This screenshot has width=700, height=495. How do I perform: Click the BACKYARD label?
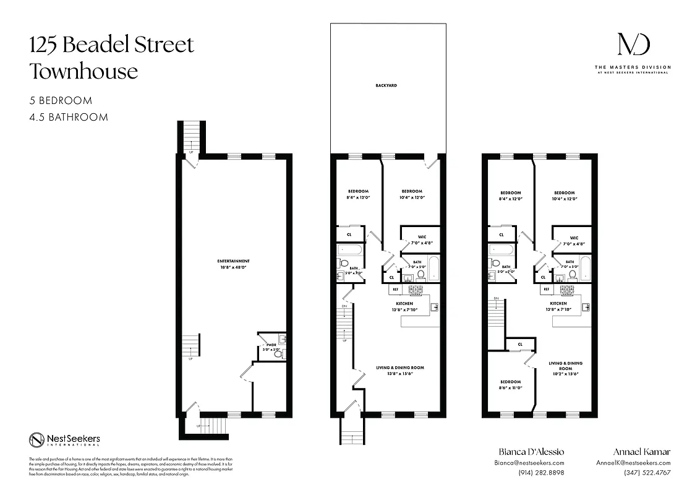pos(385,85)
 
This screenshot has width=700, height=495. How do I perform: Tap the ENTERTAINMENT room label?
pos(234,261)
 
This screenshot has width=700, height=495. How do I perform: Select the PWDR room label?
pos(270,345)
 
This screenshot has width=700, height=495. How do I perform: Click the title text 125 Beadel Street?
pos(112,45)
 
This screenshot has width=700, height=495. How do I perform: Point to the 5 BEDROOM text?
pos(61,100)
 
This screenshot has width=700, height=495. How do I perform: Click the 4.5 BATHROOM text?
pos(69,117)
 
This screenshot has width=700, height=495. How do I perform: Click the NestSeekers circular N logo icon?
pos(36,440)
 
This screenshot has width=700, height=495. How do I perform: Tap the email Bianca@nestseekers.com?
pos(529,463)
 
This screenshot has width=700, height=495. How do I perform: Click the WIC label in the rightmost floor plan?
pos(574,238)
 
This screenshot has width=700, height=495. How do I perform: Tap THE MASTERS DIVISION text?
pos(632,67)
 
